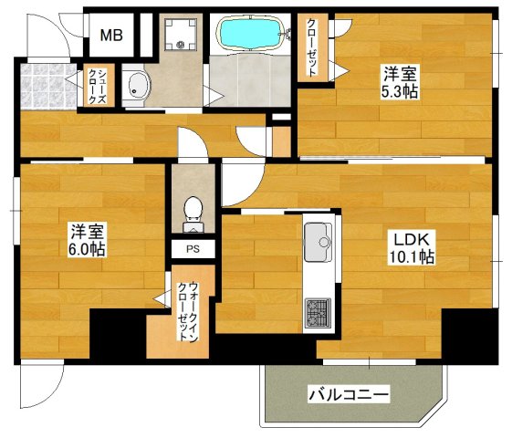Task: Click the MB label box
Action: click(x=112, y=36)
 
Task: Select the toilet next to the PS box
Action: click(x=193, y=210)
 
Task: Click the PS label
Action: click(x=193, y=247)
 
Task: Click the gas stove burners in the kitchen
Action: click(x=319, y=313)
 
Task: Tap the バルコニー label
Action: click(x=348, y=395)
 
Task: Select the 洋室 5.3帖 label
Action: click(x=398, y=83)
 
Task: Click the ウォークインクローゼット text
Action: click(x=189, y=309)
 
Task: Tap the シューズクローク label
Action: click(x=95, y=87)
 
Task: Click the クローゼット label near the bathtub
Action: click(x=312, y=47)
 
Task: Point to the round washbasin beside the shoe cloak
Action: click(x=137, y=88)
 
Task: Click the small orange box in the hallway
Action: click(x=281, y=141)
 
